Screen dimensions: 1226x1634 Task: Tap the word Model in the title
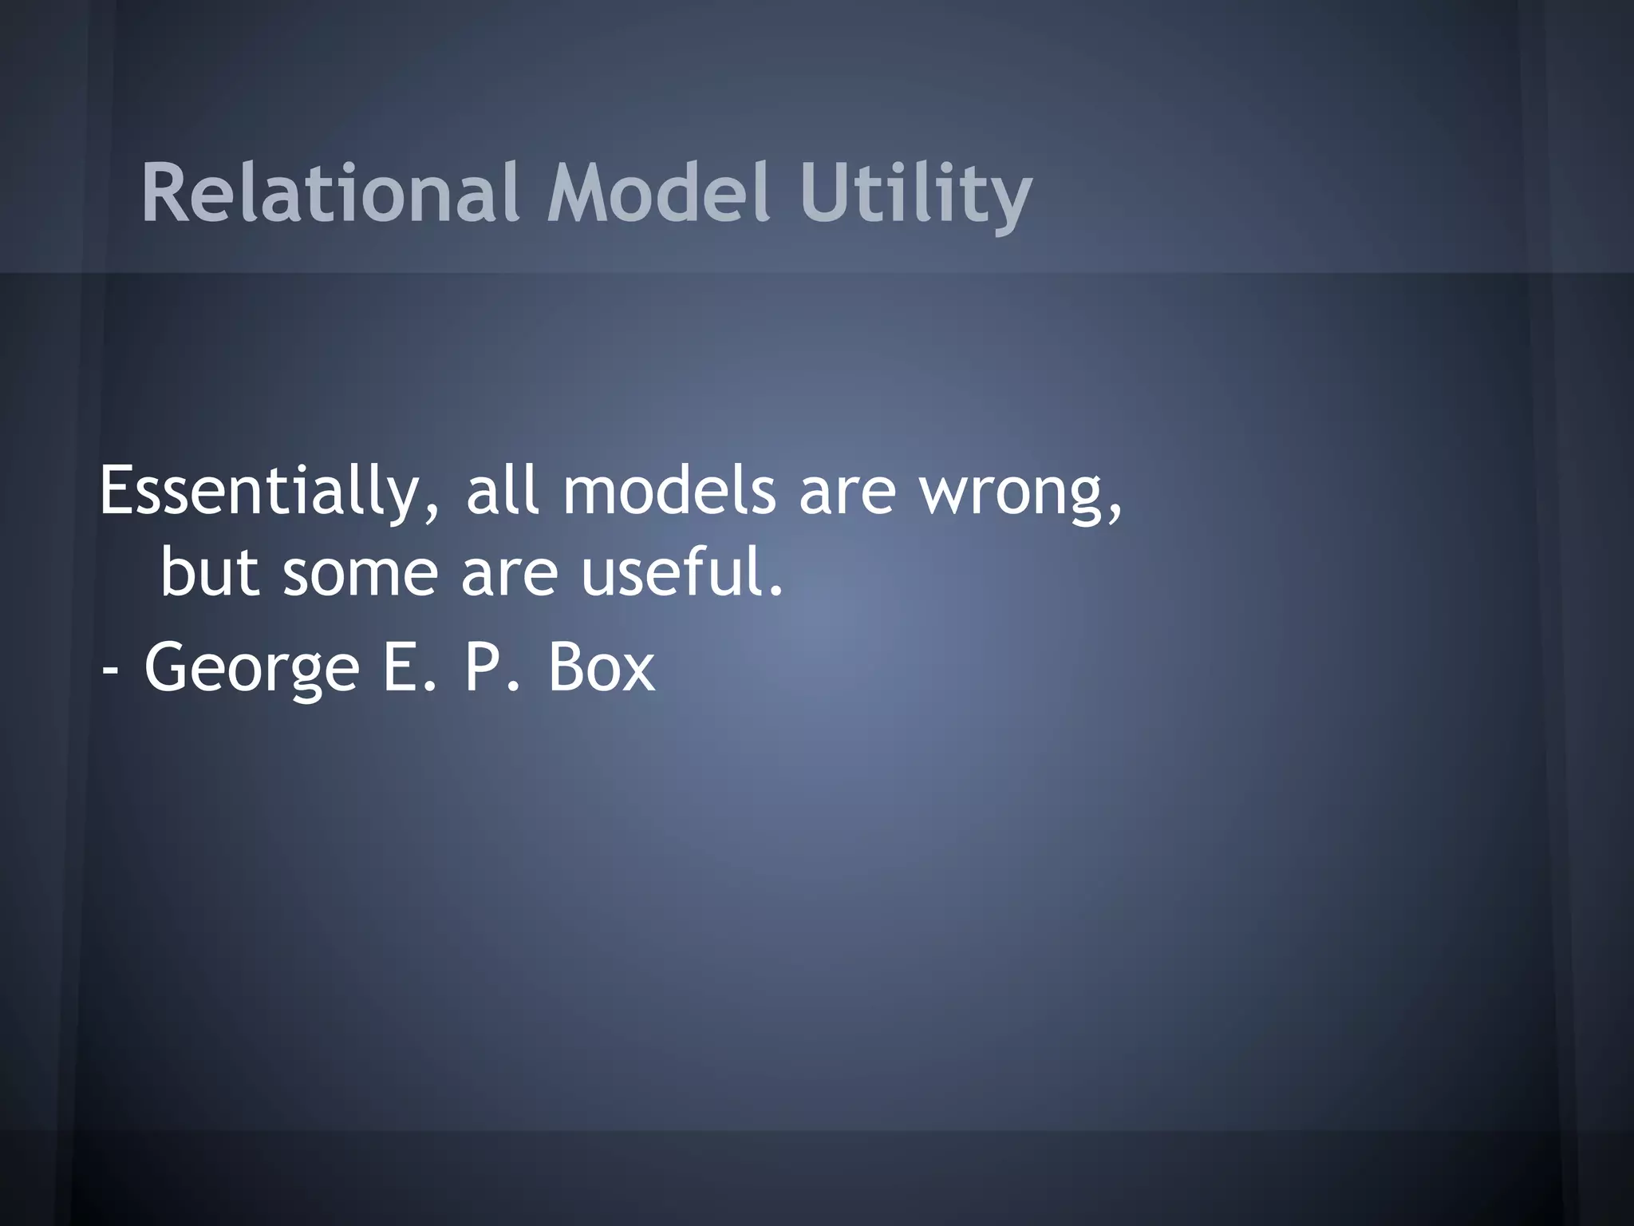659,192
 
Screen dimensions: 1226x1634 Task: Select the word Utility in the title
916,196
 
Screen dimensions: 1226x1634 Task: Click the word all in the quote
502,490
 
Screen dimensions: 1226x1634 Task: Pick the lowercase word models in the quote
669,490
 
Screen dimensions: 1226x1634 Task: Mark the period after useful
775,592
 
